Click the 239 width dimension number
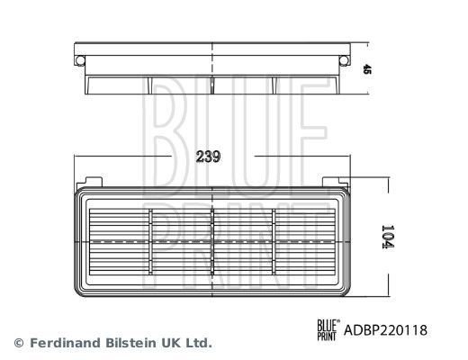click(x=209, y=155)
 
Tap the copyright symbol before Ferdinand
click(x=18, y=343)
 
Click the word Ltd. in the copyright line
click(x=198, y=343)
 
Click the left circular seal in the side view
click(x=82, y=58)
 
